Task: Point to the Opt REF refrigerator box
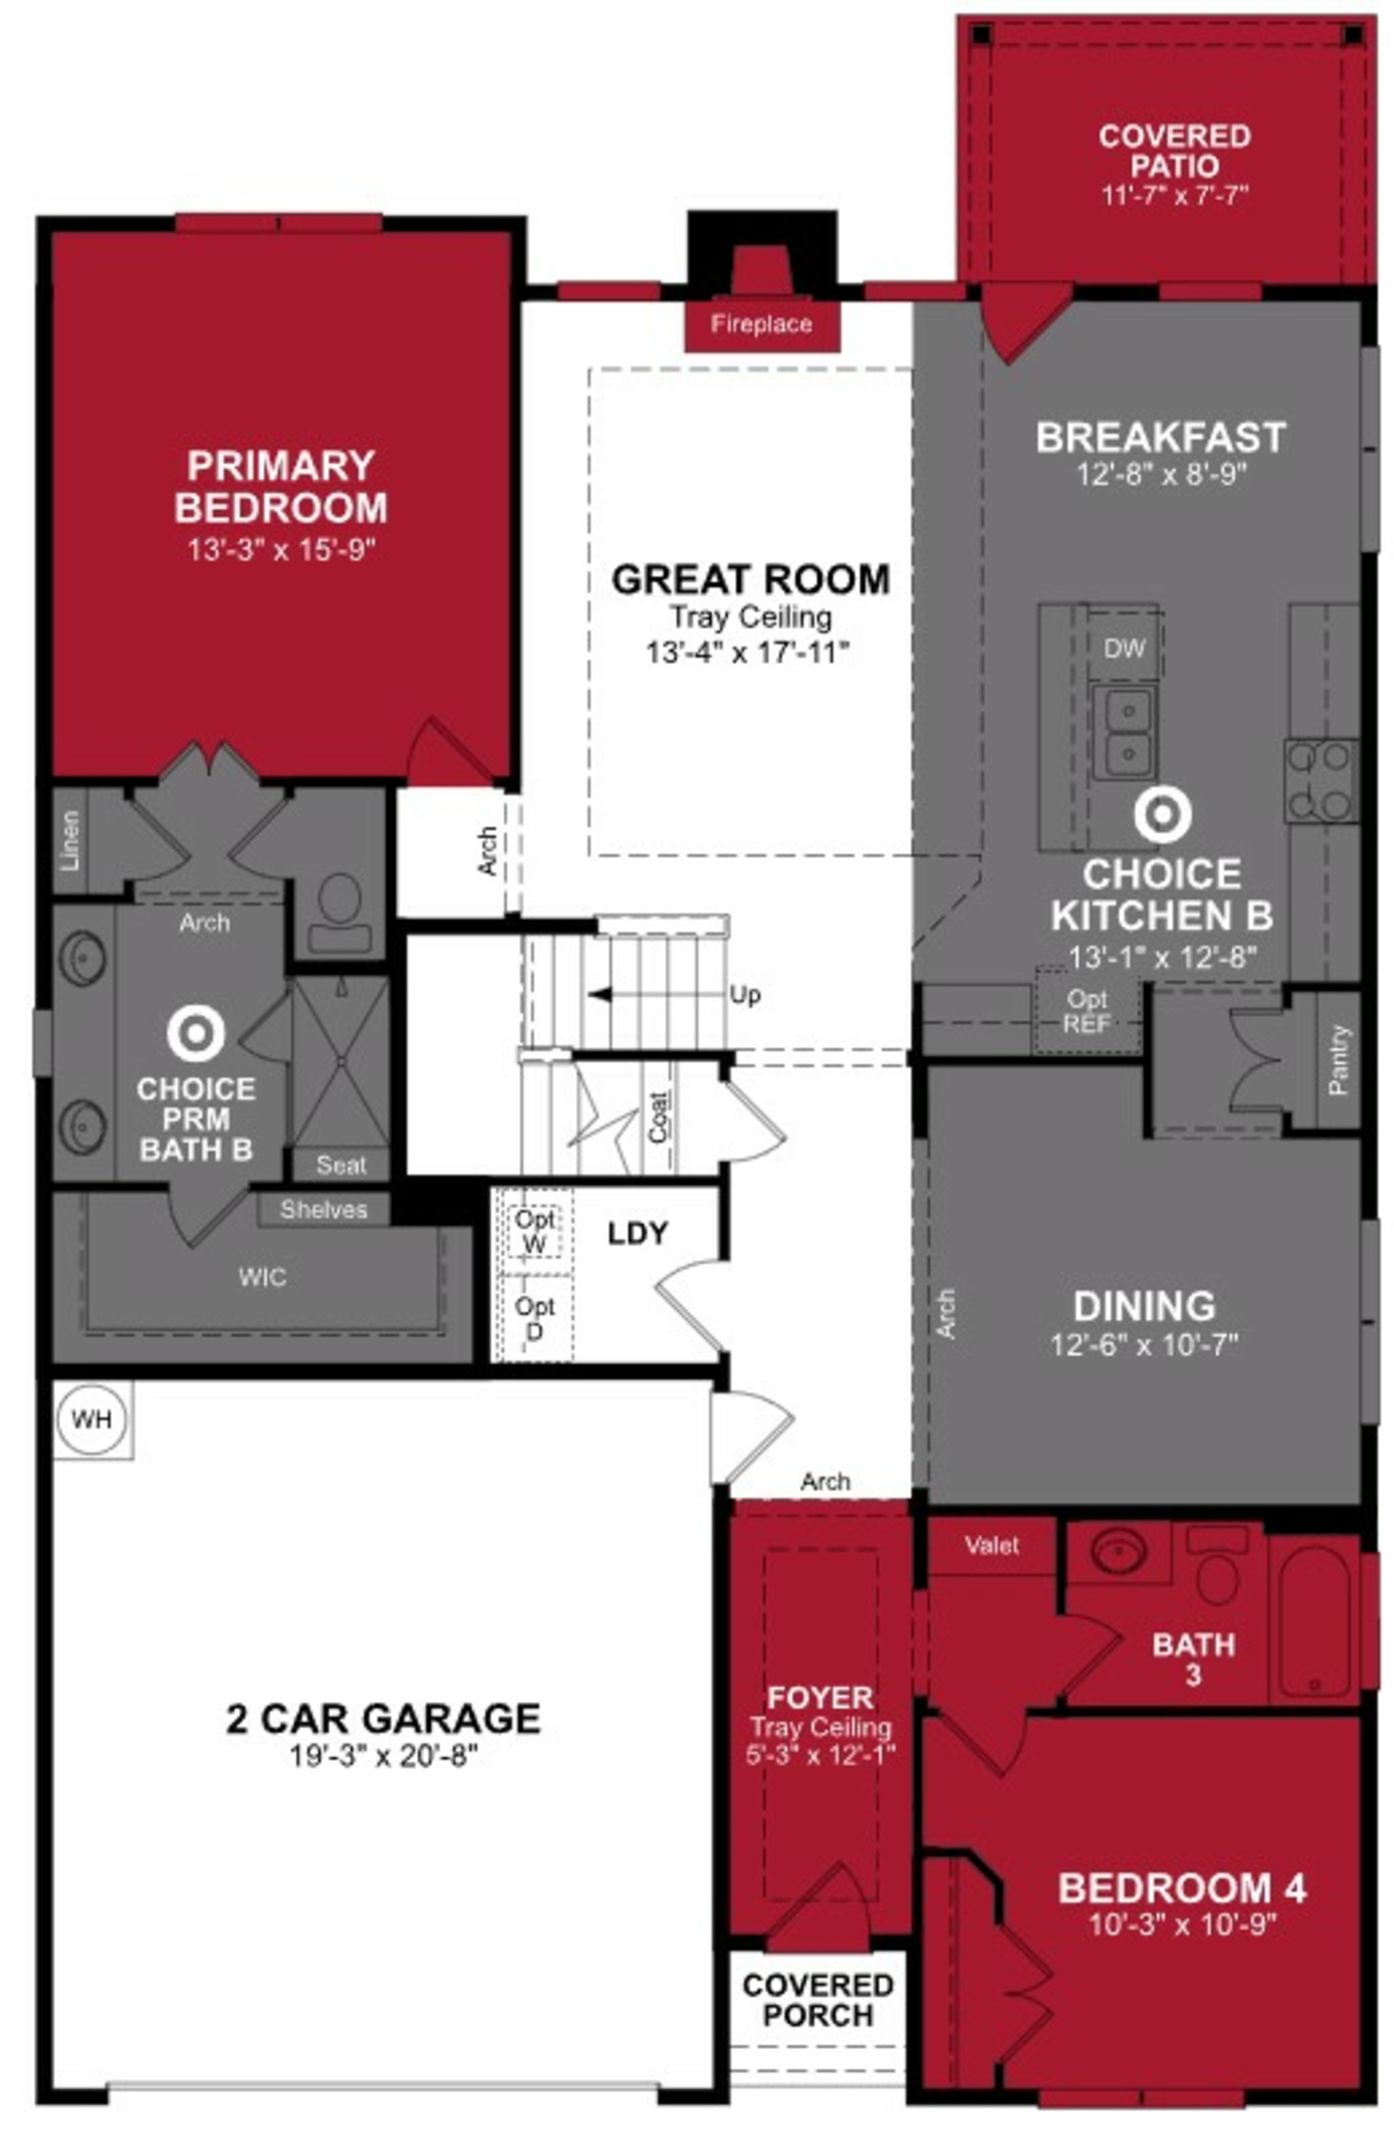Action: click(1087, 1011)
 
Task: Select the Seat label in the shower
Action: click(341, 1165)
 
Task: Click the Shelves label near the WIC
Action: click(323, 1209)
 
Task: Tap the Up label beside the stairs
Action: click(744, 995)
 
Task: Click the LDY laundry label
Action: click(637, 1233)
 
